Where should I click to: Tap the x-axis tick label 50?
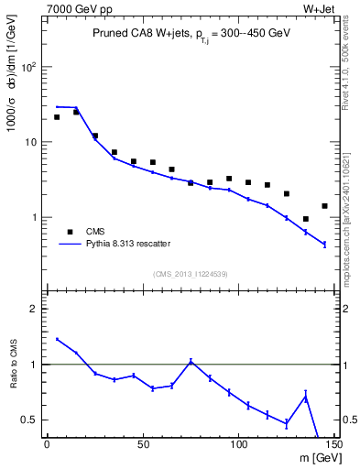pos(143,444)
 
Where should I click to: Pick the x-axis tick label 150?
pos(333,444)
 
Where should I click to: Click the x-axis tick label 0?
pos(47,444)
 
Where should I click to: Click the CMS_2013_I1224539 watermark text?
pos(190,274)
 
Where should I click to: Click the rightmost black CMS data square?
pos(324,206)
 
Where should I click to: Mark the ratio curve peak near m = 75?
pos(191,361)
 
